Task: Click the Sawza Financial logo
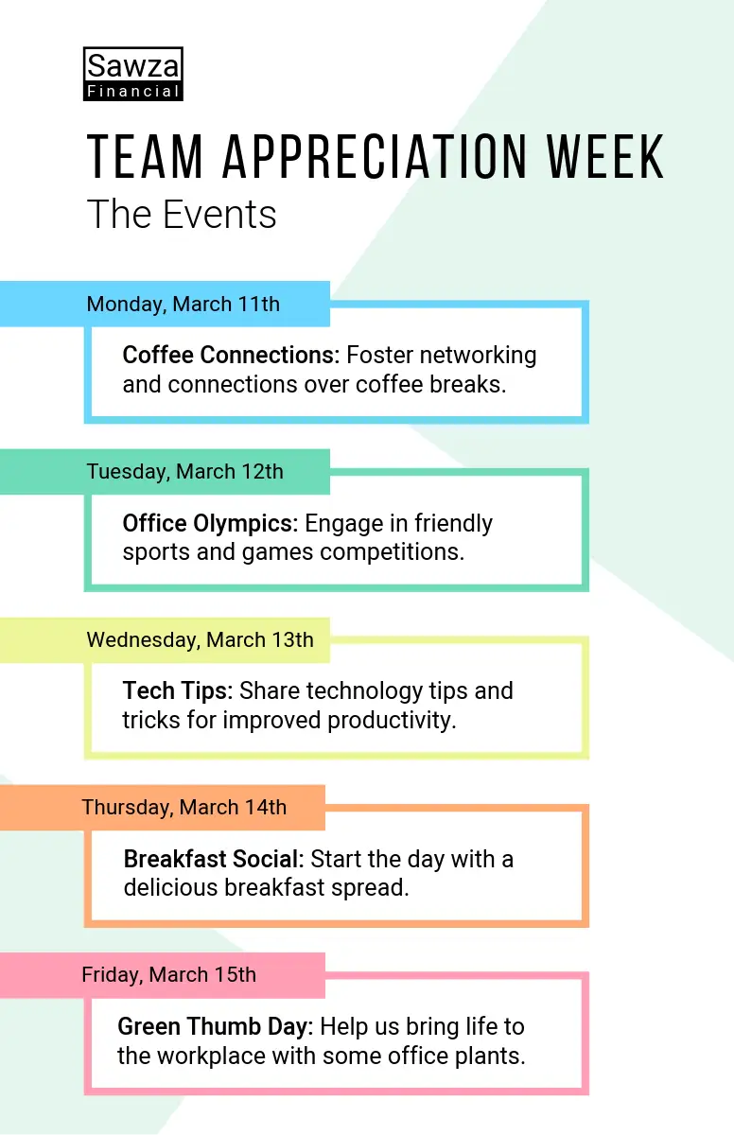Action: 133,74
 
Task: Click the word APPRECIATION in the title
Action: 375,157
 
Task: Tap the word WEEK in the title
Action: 605,157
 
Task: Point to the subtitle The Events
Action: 182,215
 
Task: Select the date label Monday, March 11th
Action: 183,304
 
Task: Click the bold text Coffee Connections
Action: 231,355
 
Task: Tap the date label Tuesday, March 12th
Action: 184,472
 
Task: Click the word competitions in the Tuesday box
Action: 393,552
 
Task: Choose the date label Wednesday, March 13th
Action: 201,640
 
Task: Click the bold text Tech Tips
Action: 177,691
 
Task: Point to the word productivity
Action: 393,721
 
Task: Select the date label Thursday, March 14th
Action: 183,807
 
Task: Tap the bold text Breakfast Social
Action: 214,859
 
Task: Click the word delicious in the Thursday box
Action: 170,888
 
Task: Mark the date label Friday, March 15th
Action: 168,975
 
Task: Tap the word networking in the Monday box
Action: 479,356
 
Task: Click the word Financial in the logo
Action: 133,91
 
